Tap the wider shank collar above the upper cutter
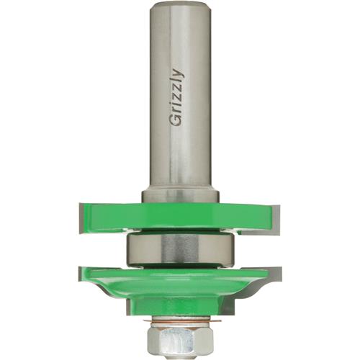(x=180, y=196)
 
